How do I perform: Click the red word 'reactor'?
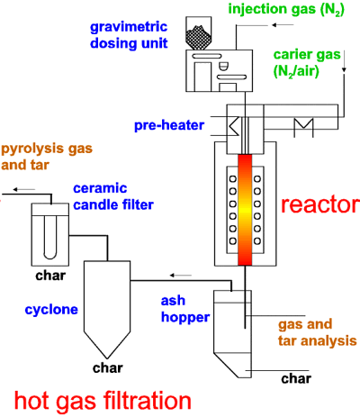(320, 205)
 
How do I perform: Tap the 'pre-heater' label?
(169, 125)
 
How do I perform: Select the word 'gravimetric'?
(129, 28)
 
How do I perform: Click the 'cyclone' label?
(51, 310)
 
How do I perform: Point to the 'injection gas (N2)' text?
(286, 9)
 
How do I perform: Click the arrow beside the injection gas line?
(283, 25)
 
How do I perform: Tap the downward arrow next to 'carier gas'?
(344, 61)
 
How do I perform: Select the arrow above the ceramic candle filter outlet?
(24, 189)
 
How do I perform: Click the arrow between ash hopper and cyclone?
(181, 275)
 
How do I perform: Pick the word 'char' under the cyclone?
(108, 368)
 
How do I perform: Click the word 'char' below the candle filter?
(50, 276)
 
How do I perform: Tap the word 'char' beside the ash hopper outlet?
(296, 378)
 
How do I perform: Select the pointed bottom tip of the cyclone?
(107, 358)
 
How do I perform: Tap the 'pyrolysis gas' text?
(47, 150)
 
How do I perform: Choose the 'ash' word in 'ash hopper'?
(173, 301)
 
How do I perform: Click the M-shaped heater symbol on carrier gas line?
(303, 127)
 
